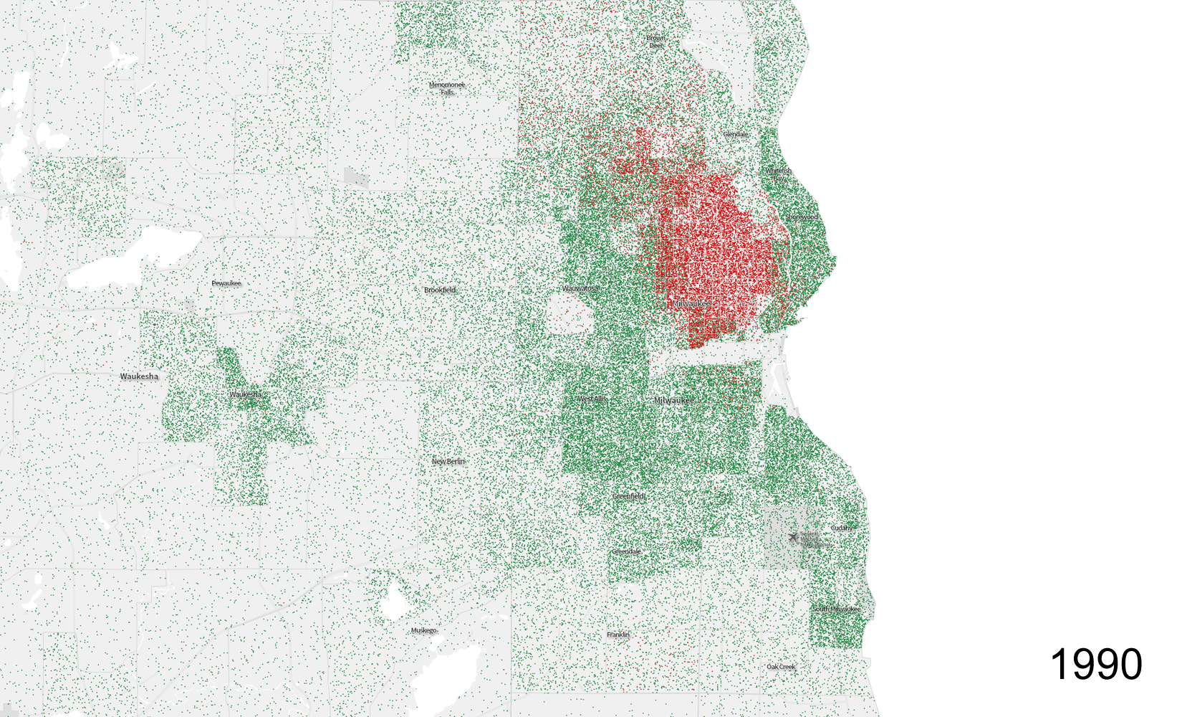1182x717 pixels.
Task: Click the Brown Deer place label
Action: click(656, 42)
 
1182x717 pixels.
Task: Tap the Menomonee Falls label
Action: click(447, 88)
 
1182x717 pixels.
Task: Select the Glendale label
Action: click(736, 134)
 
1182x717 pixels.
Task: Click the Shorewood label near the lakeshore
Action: click(802, 217)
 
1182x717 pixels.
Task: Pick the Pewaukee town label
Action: click(226, 283)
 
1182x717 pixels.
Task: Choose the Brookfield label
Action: click(440, 290)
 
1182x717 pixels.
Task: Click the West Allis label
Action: click(592, 399)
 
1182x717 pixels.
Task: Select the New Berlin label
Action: click(448, 461)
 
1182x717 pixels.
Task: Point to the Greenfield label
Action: click(629, 496)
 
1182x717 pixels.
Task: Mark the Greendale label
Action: click(627, 551)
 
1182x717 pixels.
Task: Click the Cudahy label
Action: click(842, 528)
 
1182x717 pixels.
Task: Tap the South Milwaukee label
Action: click(837, 609)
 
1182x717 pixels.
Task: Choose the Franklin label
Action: click(618, 635)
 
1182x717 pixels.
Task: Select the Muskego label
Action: click(423, 630)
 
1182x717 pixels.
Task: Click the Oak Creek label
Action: click(781, 667)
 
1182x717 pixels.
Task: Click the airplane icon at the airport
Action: click(792, 537)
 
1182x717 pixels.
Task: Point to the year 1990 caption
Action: click(1096, 664)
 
